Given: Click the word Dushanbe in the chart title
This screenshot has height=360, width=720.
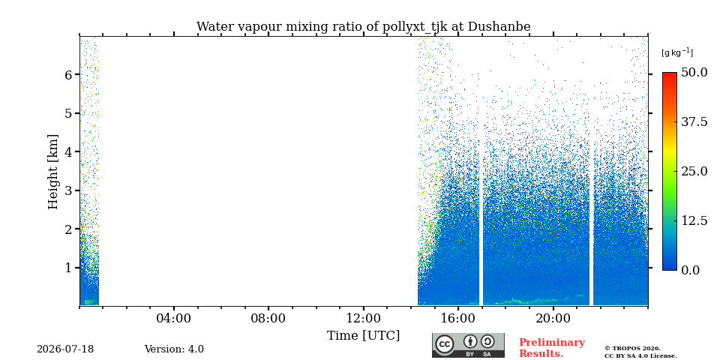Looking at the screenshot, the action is (x=499, y=27).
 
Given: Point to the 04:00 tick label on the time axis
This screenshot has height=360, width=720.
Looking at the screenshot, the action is (x=174, y=319).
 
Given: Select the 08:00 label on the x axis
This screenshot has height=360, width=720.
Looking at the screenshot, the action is (x=268, y=319).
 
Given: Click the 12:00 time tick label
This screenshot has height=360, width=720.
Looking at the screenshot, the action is (x=364, y=319).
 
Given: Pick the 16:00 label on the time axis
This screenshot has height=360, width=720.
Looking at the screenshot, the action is (x=458, y=319).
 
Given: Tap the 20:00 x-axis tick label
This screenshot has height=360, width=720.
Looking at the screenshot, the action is (x=553, y=319).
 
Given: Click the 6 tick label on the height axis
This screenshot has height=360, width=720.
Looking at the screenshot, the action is (x=69, y=74).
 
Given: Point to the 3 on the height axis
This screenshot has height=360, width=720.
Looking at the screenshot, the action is (x=69, y=190).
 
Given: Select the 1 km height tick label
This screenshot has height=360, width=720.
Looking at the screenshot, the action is (x=69, y=267).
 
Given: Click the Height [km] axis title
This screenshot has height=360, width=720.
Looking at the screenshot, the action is (x=54, y=172).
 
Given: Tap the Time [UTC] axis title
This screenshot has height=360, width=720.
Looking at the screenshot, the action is (x=363, y=336).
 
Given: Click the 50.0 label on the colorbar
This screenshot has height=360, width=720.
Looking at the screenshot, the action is (x=694, y=73).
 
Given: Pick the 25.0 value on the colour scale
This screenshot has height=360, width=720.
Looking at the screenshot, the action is (x=694, y=171).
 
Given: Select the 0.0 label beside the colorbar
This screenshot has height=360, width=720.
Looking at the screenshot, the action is (x=691, y=270).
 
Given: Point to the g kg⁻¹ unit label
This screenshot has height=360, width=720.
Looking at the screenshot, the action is (x=677, y=52).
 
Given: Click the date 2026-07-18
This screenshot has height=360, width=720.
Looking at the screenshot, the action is (x=65, y=349).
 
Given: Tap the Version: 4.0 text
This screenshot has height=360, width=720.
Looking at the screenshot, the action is (x=174, y=349).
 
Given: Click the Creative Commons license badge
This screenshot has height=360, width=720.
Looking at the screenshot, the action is (x=468, y=345).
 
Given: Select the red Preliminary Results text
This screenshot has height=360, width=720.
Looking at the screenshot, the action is (x=552, y=348).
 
